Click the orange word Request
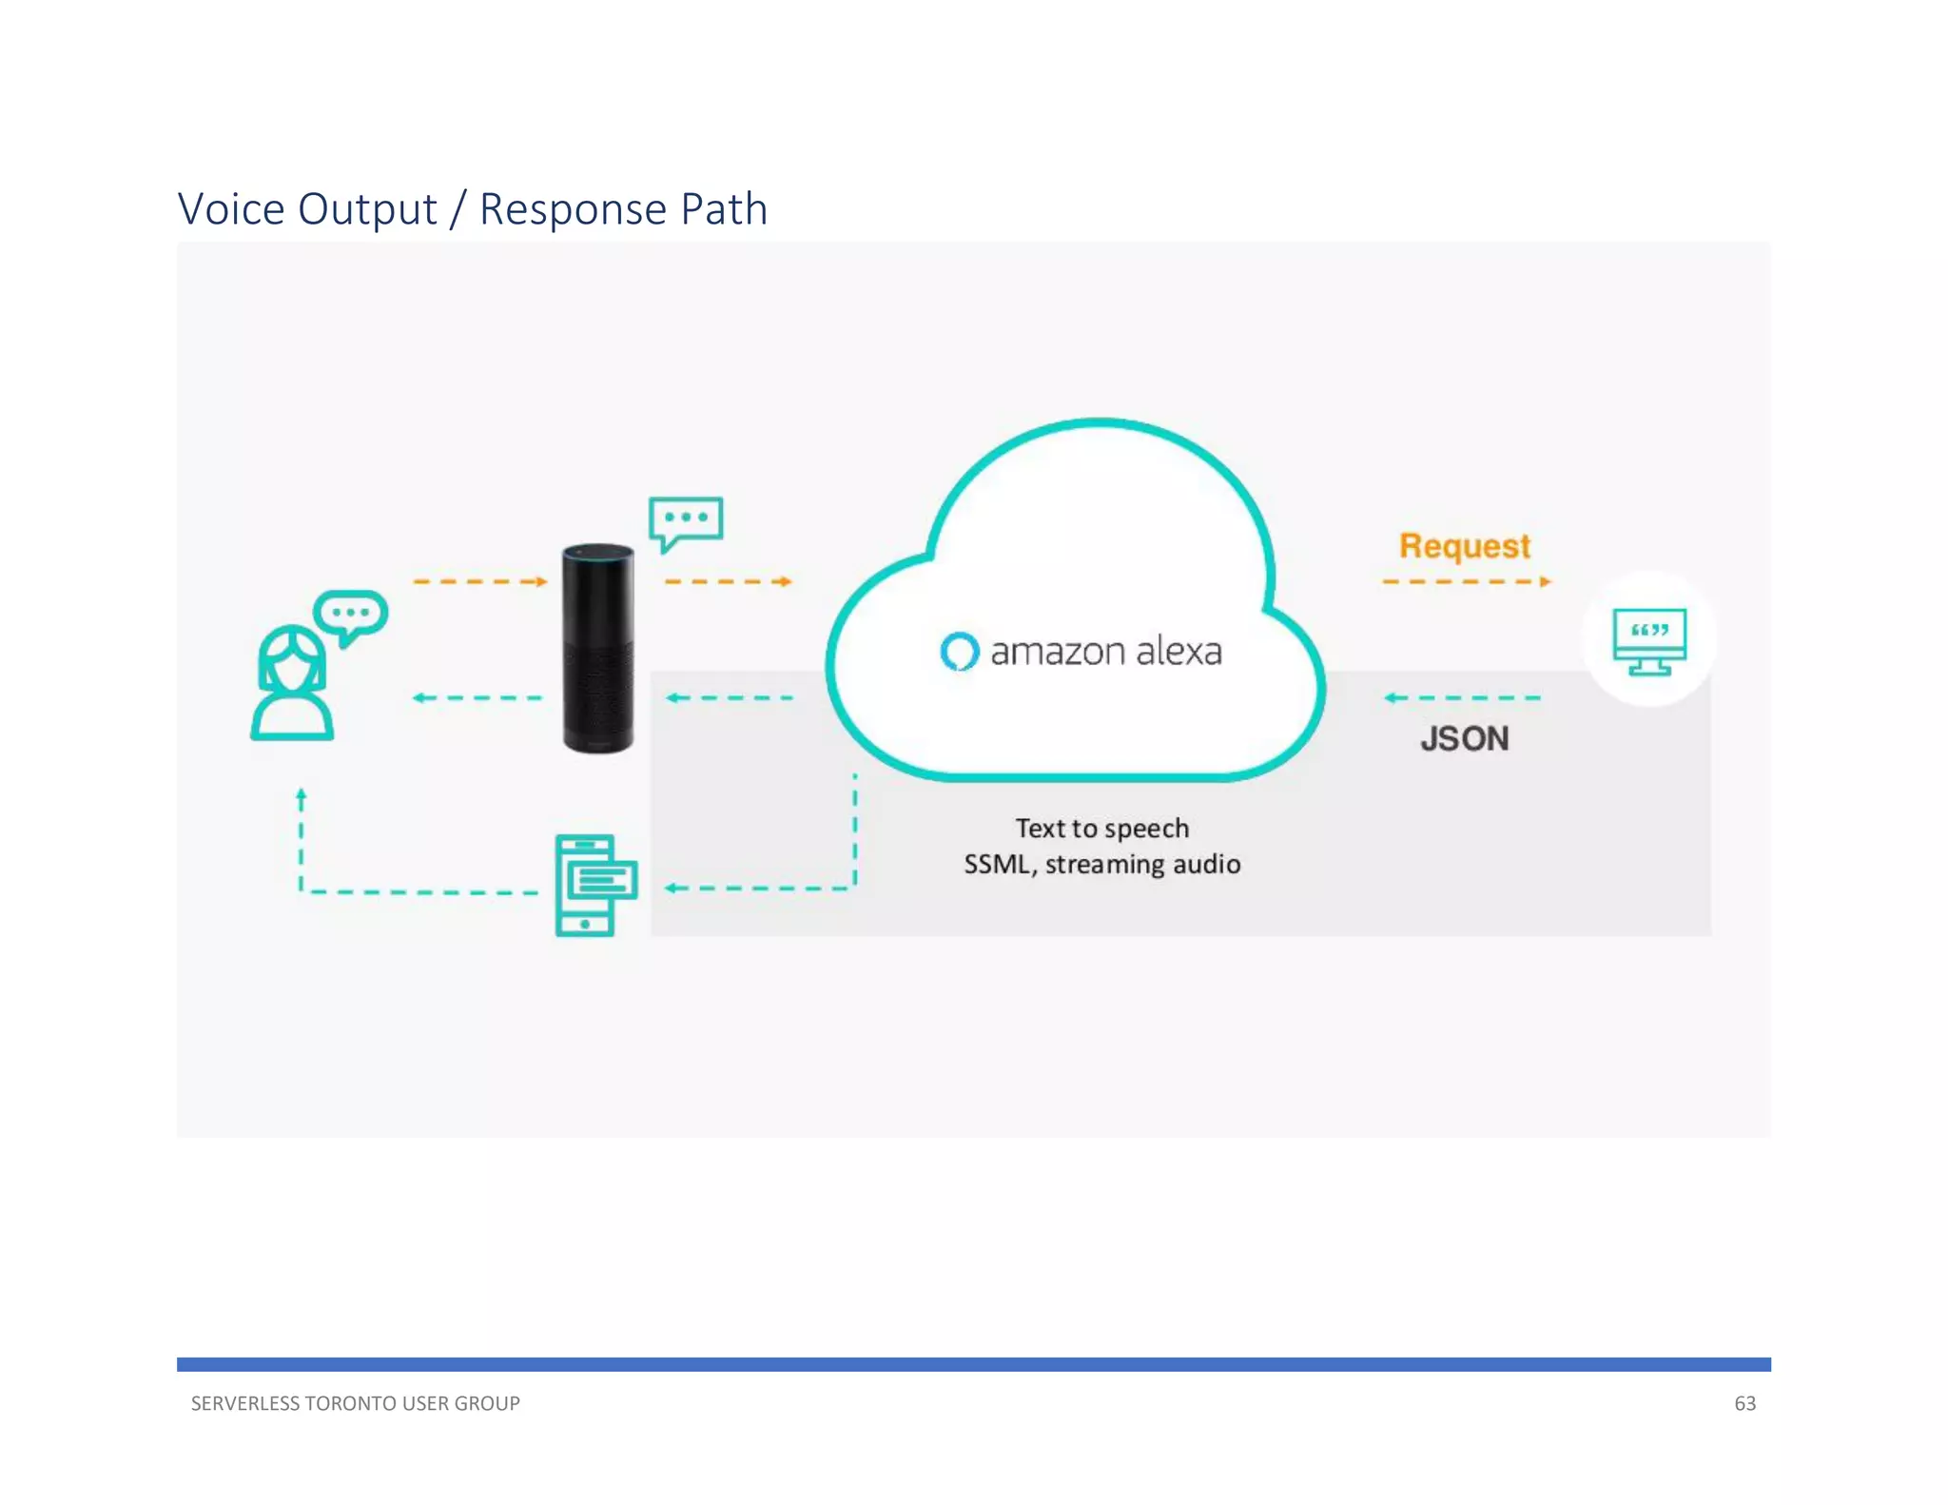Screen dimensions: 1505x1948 coord(1464,546)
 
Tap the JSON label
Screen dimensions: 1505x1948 coord(1465,739)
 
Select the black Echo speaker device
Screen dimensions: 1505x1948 coord(598,649)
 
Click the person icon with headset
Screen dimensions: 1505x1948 coord(291,683)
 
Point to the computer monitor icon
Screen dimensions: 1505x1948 coord(1649,640)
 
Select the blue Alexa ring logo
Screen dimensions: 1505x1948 coord(959,652)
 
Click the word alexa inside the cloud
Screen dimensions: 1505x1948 coord(1179,652)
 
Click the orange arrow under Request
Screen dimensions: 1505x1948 coord(1466,581)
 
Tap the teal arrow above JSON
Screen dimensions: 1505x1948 coord(1462,698)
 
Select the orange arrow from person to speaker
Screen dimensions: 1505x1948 coord(479,581)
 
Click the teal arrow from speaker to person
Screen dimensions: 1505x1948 coord(477,698)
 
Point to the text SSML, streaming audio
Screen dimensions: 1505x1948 coord(1101,865)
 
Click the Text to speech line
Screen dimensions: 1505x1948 coord(1101,829)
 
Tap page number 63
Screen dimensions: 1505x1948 coord(1744,1403)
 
